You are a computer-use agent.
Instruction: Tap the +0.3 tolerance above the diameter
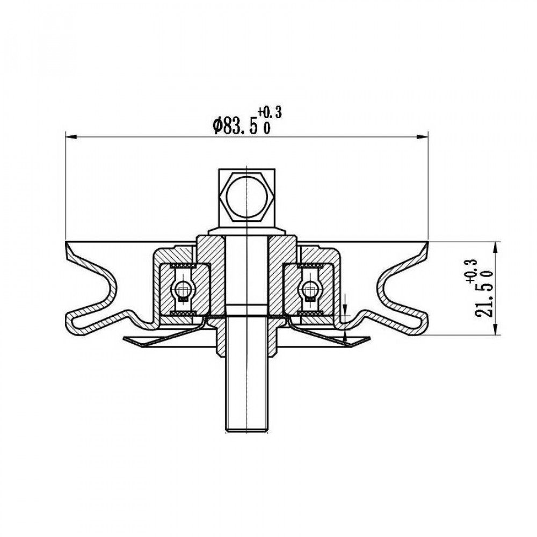tap(270, 113)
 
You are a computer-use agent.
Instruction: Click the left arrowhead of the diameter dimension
tap(70, 137)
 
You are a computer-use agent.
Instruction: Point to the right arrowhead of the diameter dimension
tap(423, 137)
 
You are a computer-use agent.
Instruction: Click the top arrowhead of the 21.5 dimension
tap(496, 247)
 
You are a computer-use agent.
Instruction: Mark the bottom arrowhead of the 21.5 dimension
tap(496, 329)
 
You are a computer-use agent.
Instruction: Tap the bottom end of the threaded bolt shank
tap(246, 431)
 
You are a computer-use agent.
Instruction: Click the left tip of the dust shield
tap(124, 338)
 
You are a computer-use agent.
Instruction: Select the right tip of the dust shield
tap(369, 338)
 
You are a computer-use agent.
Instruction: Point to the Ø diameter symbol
tap(217, 126)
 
